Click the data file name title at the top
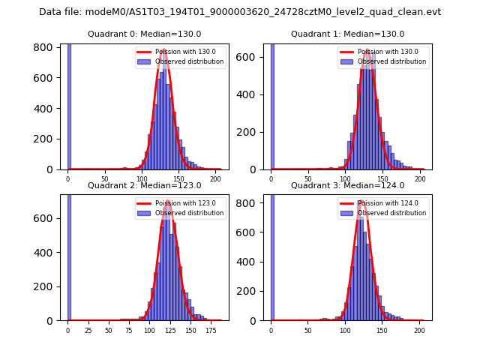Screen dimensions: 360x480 pos(240,12)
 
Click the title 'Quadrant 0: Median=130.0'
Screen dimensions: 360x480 pos(144,34)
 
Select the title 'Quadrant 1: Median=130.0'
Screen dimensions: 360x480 pos(347,34)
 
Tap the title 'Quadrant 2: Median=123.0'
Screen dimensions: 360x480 pos(144,185)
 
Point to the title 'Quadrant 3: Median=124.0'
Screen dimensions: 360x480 pos(347,185)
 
